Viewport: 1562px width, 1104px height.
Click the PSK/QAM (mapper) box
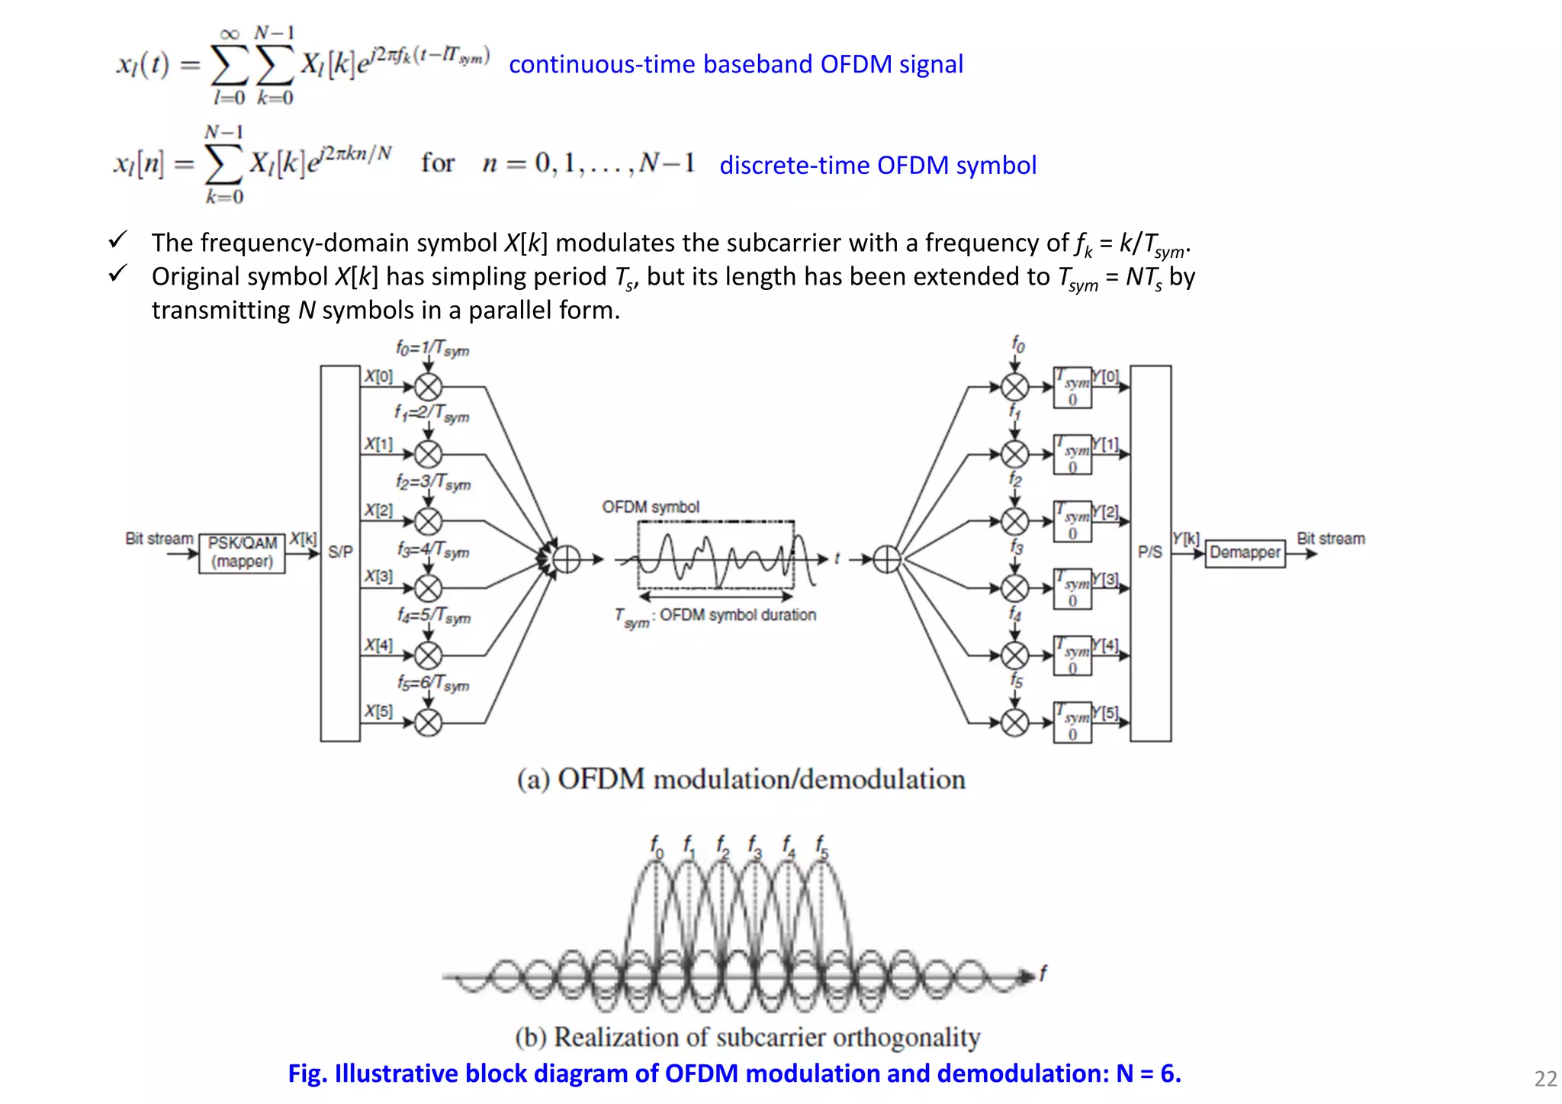click(242, 553)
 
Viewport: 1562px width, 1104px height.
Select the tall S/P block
click(340, 552)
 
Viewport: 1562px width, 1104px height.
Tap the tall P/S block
click(1150, 552)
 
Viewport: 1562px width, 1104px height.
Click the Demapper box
click(1245, 552)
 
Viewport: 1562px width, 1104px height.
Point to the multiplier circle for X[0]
click(428, 388)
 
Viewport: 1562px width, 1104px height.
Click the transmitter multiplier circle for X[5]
click(428, 722)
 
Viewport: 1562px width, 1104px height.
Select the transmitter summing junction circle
click(566, 559)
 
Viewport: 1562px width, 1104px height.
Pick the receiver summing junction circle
click(887, 559)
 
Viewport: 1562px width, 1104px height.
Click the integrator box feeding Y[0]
click(1072, 388)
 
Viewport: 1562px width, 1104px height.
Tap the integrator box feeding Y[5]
click(1072, 722)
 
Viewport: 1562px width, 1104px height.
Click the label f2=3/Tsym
click(432, 483)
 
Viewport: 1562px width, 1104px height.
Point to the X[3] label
click(378, 576)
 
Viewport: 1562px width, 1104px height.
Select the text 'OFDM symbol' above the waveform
click(651, 507)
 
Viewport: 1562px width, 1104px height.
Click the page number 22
click(1545, 1079)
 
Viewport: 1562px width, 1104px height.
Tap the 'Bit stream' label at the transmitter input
click(159, 539)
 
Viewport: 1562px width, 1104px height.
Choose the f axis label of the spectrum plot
click(1043, 973)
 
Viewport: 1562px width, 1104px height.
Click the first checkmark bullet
click(117, 240)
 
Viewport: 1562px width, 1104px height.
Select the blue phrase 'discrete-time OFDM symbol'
click(878, 166)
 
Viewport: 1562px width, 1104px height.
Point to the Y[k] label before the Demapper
click(1185, 539)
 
